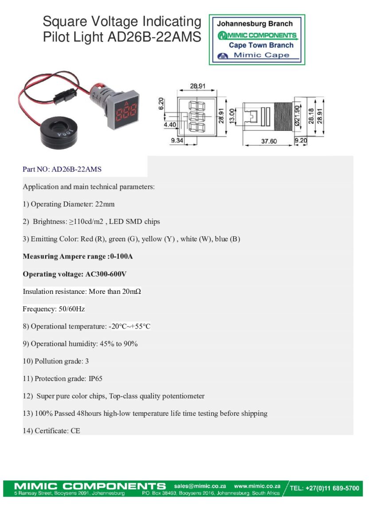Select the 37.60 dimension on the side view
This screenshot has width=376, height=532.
269,141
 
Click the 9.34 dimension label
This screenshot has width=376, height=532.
177,141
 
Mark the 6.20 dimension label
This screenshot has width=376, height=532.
161,104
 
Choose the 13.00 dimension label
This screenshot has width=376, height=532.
232,116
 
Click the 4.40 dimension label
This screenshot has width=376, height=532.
170,125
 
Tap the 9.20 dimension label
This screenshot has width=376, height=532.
301,141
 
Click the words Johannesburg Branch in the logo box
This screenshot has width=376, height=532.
255,24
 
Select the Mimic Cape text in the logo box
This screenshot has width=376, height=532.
262,55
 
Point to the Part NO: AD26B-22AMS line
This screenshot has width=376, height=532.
62,169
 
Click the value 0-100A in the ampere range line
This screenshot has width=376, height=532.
121,257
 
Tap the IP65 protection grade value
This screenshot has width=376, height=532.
95,379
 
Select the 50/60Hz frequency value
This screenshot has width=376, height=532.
72,309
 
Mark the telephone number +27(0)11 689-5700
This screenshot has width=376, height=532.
332,488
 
